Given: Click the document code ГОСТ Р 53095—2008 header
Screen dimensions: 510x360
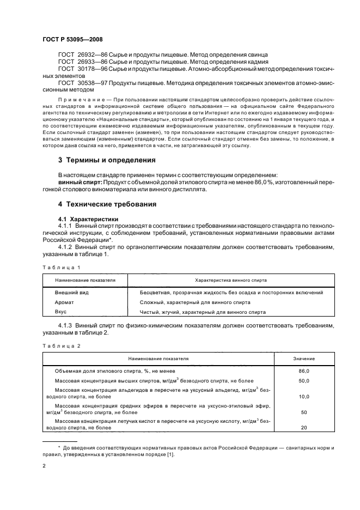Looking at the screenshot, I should pos(73,39).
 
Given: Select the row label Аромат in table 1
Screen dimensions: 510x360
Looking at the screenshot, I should pos(64,302).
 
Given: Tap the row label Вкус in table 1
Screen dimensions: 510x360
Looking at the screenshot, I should pos(60,312).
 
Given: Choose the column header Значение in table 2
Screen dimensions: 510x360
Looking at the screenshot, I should pos(304,359).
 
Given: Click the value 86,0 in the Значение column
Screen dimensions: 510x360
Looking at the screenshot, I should pos(304,371).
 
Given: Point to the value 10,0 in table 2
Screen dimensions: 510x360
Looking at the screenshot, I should pos(304,396).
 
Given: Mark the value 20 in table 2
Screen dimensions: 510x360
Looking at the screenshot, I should pos(304,427).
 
